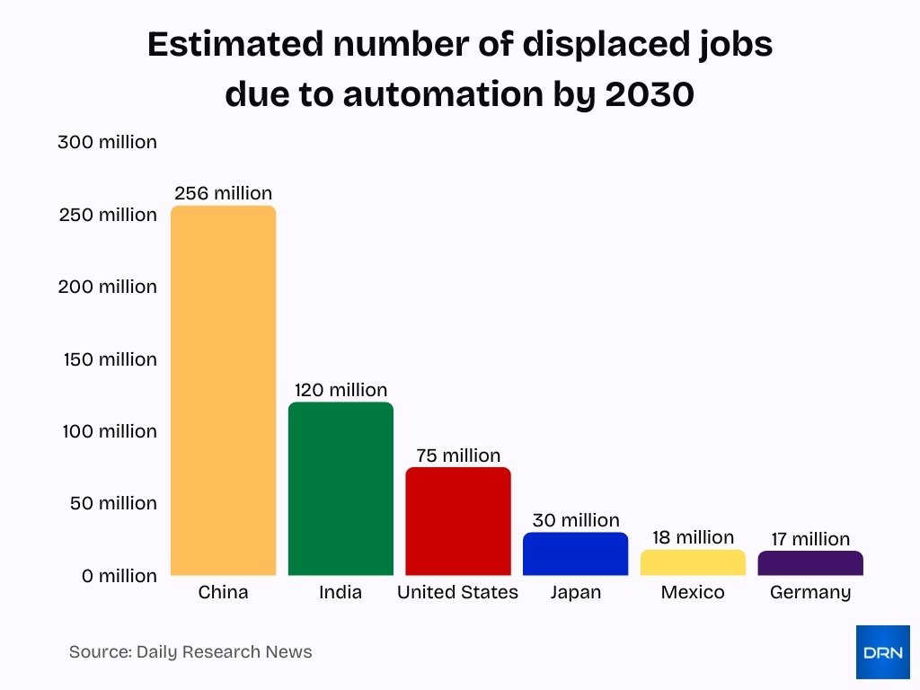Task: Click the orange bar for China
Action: (x=223, y=391)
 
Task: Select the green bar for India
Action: (x=341, y=489)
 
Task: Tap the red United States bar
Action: (x=458, y=521)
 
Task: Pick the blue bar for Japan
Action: (x=575, y=553)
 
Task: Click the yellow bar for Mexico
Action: (x=693, y=562)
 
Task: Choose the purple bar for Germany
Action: (x=810, y=563)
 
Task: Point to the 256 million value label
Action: (x=223, y=193)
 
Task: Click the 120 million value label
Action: (x=341, y=390)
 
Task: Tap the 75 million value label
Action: (x=458, y=456)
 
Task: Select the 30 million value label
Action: (x=576, y=520)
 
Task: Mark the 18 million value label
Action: (x=693, y=537)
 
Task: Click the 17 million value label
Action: (x=810, y=539)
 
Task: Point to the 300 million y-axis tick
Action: (x=107, y=142)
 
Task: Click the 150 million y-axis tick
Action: (x=110, y=359)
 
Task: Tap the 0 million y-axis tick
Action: (x=119, y=576)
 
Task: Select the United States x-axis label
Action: (x=457, y=593)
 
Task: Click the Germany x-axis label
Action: (x=810, y=593)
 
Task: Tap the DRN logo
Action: (x=882, y=652)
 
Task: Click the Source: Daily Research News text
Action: (x=190, y=652)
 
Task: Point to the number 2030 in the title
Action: (x=650, y=93)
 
